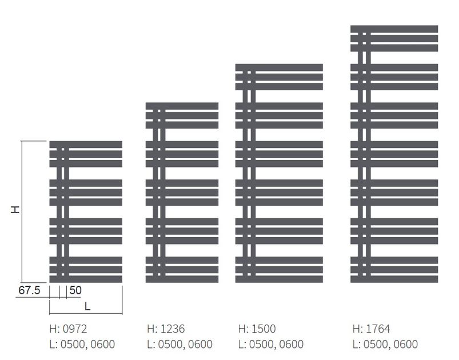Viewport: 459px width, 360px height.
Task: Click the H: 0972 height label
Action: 68,329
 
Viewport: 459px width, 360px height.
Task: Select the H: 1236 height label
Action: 166,329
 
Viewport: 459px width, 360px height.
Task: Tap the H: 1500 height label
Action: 256,329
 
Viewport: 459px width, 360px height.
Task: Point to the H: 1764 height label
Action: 371,329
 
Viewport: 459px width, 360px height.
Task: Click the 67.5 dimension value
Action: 29,290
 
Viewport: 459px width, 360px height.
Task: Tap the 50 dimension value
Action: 75,290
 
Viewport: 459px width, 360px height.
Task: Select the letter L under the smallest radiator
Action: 87,306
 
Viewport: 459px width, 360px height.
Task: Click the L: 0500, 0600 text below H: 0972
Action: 82,344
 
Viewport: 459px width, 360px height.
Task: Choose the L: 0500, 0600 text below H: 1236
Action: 179,344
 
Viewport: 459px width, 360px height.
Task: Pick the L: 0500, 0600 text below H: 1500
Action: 270,344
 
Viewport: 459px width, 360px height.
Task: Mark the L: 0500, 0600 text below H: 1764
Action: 385,344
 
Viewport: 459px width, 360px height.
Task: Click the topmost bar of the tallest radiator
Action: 394,29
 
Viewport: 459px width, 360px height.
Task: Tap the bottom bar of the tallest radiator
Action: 394,279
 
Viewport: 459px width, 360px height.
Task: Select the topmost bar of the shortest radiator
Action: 86,144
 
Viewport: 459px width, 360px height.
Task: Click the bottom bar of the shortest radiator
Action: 86,279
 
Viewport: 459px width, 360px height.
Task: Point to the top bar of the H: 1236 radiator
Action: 182,106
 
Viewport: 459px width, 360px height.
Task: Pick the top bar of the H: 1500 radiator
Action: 279,67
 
